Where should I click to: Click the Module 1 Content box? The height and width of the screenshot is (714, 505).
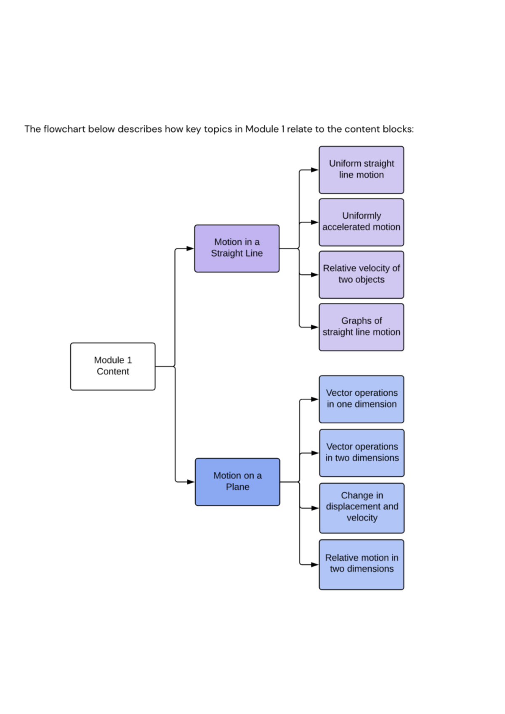click(x=113, y=366)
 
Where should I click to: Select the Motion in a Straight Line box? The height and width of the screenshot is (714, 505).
click(x=237, y=248)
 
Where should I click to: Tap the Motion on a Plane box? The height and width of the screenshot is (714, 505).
click(x=237, y=481)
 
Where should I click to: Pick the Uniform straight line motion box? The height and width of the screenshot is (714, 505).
click(x=361, y=169)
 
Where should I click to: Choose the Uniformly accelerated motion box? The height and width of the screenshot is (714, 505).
click(x=361, y=222)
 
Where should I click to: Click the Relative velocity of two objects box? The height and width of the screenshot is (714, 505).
click(x=361, y=275)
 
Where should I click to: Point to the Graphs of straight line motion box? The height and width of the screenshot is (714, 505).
click(x=361, y=327)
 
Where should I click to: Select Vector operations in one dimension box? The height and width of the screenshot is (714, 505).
click(x=361, y=399)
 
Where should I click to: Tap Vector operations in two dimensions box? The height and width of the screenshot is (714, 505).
click(x=361, y=453)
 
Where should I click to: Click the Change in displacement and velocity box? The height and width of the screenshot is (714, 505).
click(x=361, y=508)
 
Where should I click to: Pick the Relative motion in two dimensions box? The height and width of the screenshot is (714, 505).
click(x=361, y=564)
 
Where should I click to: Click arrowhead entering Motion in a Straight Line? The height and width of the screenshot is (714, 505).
click(x=190, y=249)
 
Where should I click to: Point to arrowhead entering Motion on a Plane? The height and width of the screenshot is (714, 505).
click(x=190, y=482)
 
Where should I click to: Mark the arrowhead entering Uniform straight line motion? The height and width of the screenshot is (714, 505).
click(x=314, y=170)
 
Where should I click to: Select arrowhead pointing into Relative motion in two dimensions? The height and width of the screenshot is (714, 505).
click(x=314, y=565)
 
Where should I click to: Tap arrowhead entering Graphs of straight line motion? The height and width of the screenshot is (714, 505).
click(x=314, y=327)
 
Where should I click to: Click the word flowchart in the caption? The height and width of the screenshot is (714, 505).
click(x=64, y=129)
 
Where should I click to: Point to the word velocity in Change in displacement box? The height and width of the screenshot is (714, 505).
click(x=362, y=518)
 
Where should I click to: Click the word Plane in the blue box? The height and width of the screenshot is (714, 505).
click(x=237, y=487)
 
